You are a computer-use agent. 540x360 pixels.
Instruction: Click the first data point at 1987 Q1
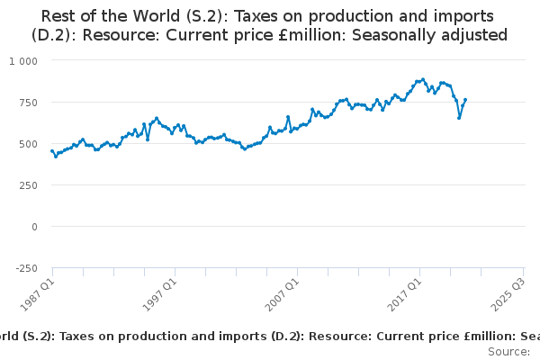[52, 151]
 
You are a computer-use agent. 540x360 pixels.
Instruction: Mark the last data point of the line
[465, 100]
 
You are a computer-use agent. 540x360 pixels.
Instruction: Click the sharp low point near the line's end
[459, 118]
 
